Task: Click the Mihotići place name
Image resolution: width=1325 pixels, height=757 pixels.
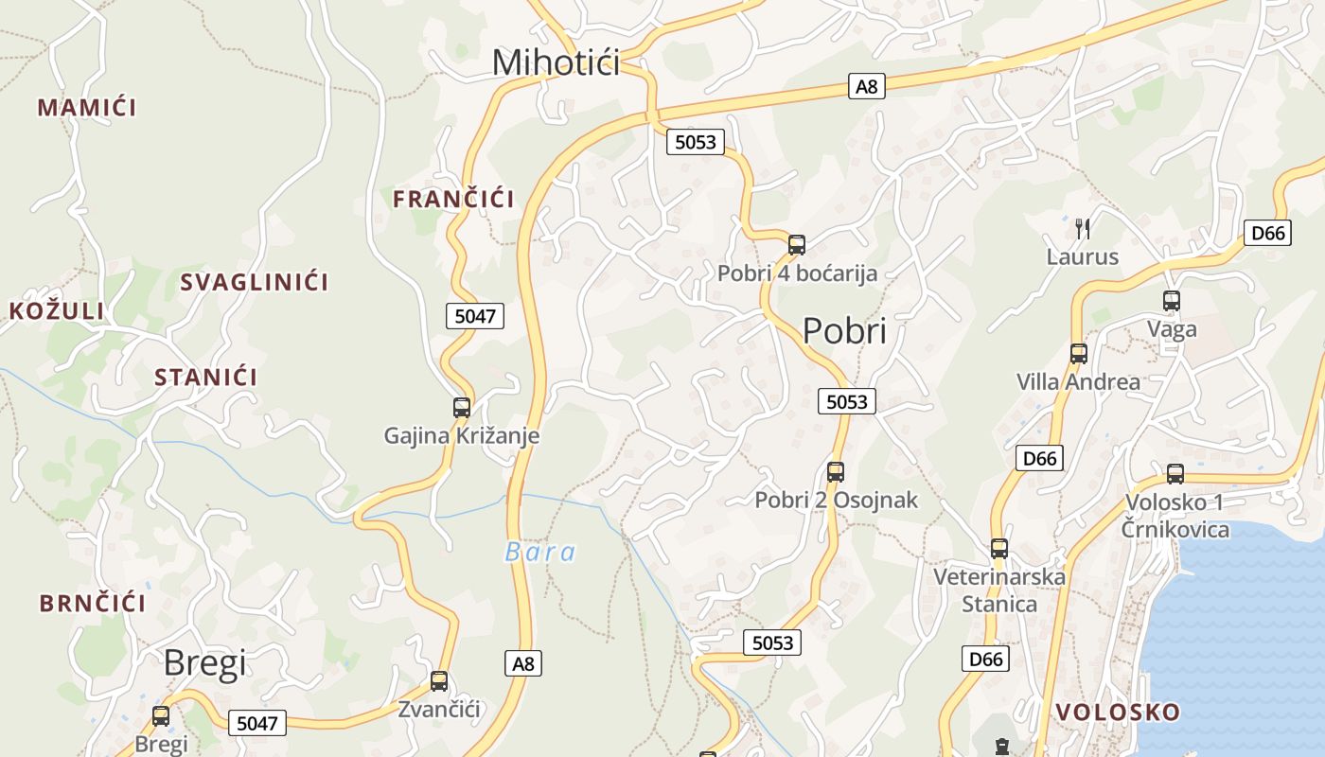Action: click(x=556, y=62)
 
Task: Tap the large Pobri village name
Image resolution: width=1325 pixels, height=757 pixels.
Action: click(x=844, y=331)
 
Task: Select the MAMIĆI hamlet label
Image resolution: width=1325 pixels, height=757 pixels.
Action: click(x=87, y=108)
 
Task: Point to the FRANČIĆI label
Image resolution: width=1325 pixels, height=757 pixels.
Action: click(x=453, y=200)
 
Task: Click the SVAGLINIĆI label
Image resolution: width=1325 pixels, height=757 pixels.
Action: click(x=254, y=282)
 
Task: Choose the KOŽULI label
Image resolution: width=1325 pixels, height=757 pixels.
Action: click(x=57, y=311)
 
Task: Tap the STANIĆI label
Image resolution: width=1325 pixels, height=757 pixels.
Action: click(x=205, y=378)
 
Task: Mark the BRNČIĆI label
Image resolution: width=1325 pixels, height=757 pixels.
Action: click(x=93, y=604)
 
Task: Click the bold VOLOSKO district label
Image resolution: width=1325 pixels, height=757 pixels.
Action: click(x=1118, y=713)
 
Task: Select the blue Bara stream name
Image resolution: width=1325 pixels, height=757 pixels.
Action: click(x=539, y=553)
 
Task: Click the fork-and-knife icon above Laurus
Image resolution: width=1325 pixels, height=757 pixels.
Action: click(x=1083, y=228)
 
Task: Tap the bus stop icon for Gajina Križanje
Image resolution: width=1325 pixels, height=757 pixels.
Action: click(x=462, y=408)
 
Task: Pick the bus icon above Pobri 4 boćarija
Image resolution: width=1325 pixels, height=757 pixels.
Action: click(x=797, y=245)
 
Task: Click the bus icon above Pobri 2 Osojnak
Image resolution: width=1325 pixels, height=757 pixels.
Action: click(x=836, y=472)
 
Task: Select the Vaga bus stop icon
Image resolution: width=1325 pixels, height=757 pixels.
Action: click(x=1172, y=301)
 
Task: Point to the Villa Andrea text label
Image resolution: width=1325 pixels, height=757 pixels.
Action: click(x=1078, y=382)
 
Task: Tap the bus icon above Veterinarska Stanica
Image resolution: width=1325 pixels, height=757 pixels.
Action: click(x=999, y=549)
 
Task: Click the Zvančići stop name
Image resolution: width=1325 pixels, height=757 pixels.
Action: click(x=439, y=710)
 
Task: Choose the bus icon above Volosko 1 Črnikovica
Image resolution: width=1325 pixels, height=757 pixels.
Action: click(x=1175, y=474)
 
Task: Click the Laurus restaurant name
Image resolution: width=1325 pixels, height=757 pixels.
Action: click(x=1082, y=257)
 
